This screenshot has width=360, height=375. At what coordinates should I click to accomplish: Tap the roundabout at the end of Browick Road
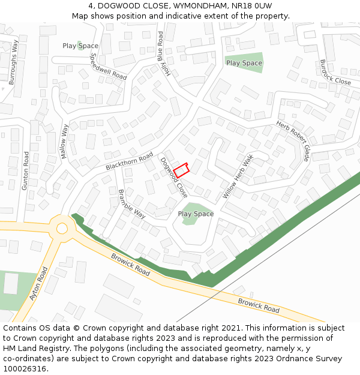click(62, 228)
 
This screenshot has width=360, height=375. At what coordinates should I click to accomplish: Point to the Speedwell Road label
click(108, 67)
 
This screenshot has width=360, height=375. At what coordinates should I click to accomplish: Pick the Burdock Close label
click(335, 72)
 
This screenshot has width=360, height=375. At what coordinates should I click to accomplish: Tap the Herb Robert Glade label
click(293, 141)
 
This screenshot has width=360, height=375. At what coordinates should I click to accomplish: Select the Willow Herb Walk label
click(239, 176)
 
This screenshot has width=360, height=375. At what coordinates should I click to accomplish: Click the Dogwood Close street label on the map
click(174, 178)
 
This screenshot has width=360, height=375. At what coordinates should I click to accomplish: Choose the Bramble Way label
click(132, 204)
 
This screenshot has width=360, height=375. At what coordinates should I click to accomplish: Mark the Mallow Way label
click(65, 142)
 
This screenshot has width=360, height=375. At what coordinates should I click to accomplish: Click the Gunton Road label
click(25, 171)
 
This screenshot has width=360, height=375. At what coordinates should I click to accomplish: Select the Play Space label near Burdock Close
click(244, 63)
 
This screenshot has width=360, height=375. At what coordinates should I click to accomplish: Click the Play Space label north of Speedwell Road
click(80, 46)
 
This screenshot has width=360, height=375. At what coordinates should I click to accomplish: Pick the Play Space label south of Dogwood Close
click(196, 214)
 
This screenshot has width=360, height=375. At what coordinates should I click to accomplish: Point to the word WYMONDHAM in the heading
click(195, 6)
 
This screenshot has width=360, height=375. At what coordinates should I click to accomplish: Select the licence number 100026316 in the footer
click(24, 368)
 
